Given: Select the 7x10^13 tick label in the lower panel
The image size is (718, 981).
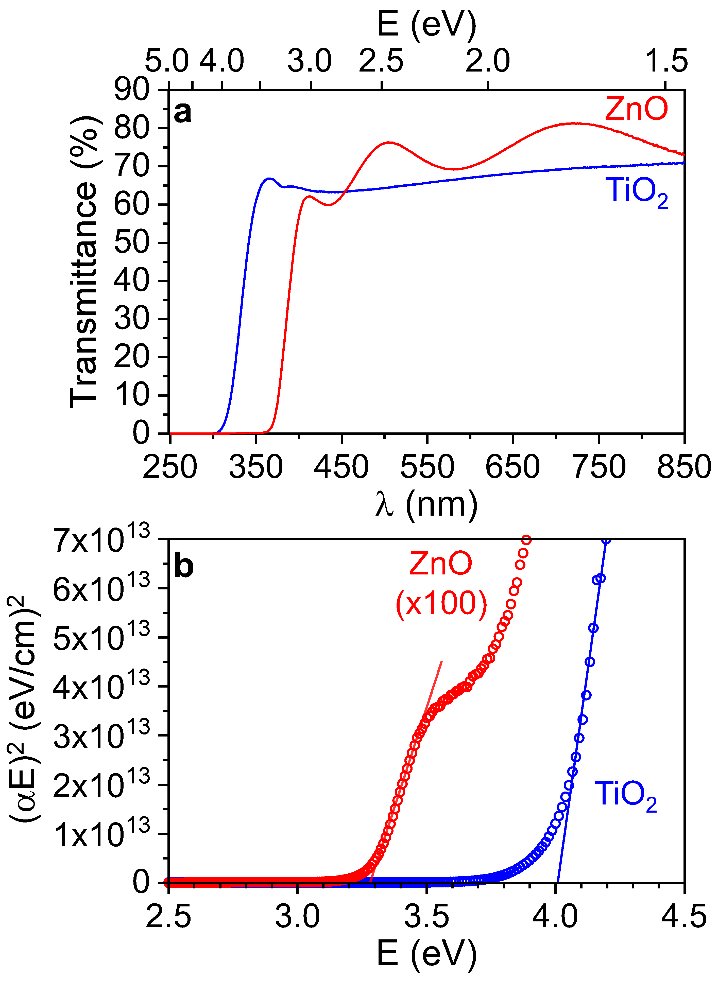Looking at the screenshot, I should click(x=102, y=541).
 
